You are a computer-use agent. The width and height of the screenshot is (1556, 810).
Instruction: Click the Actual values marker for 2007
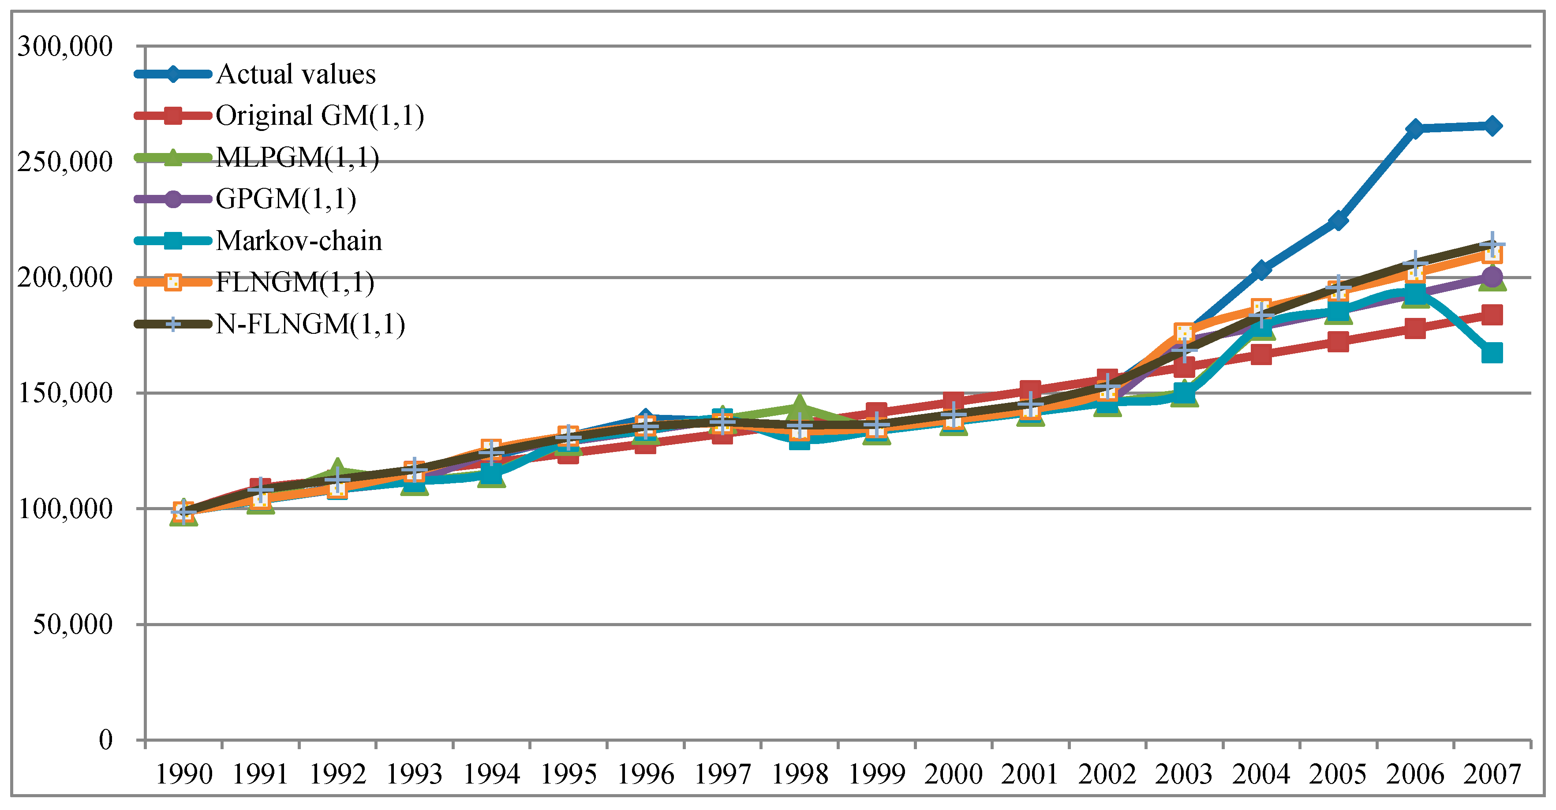(x=1491, y=126)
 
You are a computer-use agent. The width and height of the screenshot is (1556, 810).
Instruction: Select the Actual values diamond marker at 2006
(x=1415, y=129)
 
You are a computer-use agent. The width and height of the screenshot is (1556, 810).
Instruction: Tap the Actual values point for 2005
(x=1338, y=220)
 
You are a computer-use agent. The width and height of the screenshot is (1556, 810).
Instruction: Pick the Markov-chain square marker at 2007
(x=1491, y=353)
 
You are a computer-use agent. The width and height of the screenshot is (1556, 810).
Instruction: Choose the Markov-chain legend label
(x=299, y=240)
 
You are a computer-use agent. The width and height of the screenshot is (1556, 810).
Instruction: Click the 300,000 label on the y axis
(x=65, y=46)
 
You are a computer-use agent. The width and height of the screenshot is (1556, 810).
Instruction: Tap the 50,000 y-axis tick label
(x=72, y=624)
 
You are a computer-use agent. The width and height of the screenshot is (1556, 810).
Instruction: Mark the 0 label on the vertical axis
(x=106, y=739)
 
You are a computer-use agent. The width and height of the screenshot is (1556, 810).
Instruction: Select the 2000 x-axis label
(x=953, y=774)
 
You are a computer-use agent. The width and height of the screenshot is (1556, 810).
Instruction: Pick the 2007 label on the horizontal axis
(x=1491, y=774)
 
